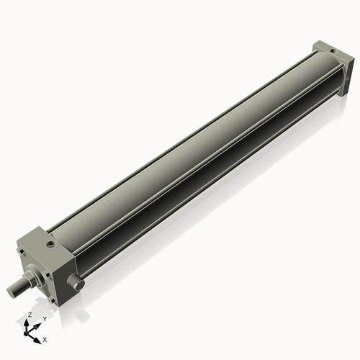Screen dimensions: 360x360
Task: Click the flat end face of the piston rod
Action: click(11, 292)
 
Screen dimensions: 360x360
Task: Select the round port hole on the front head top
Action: click(49, 246)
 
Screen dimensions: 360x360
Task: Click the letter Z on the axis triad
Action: click(30, 315)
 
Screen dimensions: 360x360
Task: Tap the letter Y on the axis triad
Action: click(45, 318)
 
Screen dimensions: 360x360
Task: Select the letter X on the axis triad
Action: click(45, 338)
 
